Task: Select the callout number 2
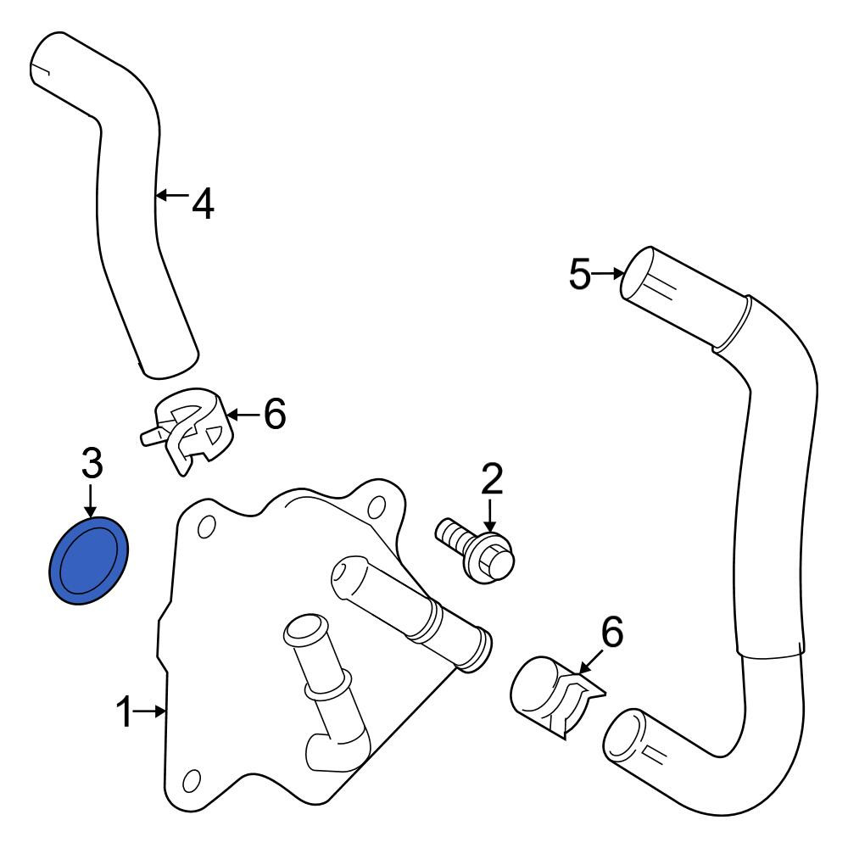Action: (x=492, y=478)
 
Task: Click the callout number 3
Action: (x=92, y=463)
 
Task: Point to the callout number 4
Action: (x=204, y=204)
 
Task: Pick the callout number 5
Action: (x=580, y=274)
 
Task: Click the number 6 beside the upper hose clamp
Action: (x=275, y=415)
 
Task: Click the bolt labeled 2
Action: (x=476, y=552)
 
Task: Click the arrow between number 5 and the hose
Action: (x=608, y=274)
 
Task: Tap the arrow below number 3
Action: (x=91, y=500)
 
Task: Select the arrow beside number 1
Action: (x=149, y=711)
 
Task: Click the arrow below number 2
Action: (x=490, y=515)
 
